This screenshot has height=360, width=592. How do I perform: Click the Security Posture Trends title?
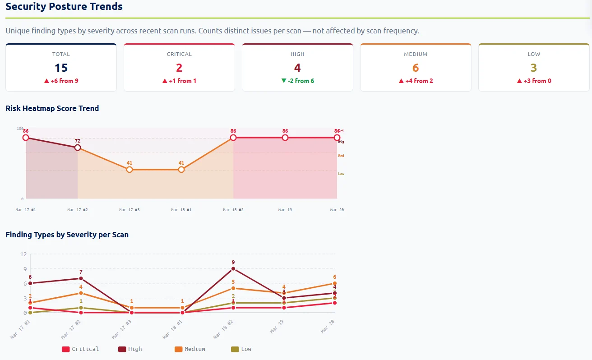click(x=64, y=7)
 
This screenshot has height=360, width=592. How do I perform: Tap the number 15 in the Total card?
click(x=61, y=68)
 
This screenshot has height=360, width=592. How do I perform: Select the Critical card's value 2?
click(x=179, y=68)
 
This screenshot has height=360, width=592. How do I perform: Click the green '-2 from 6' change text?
click(x=297, y=81)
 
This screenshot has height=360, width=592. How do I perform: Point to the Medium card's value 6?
click(x=416, y=68)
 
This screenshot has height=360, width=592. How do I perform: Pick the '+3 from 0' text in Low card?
click(x=534, y=81)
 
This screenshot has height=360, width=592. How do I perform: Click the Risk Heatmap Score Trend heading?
click(x=52, y=108)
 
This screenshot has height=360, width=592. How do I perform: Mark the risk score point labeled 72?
click(x=78, y=148)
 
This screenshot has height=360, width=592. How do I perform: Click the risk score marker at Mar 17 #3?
click(x=129, y=170)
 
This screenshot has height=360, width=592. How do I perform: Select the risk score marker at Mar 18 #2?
click(x=233, y=138)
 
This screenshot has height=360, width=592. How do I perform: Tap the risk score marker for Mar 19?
click(x=285, y=138)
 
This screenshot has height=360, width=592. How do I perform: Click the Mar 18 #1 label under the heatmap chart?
click(x=181, y=210)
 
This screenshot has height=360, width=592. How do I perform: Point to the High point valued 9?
click(x=233, y=269)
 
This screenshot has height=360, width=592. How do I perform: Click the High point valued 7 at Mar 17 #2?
click(x=81, y=278)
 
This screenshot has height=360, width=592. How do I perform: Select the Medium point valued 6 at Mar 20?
click(x=335, y=283)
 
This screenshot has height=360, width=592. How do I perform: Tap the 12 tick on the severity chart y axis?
click(x=23, y=254)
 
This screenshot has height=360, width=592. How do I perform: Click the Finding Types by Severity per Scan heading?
click(x=67, y=235)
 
